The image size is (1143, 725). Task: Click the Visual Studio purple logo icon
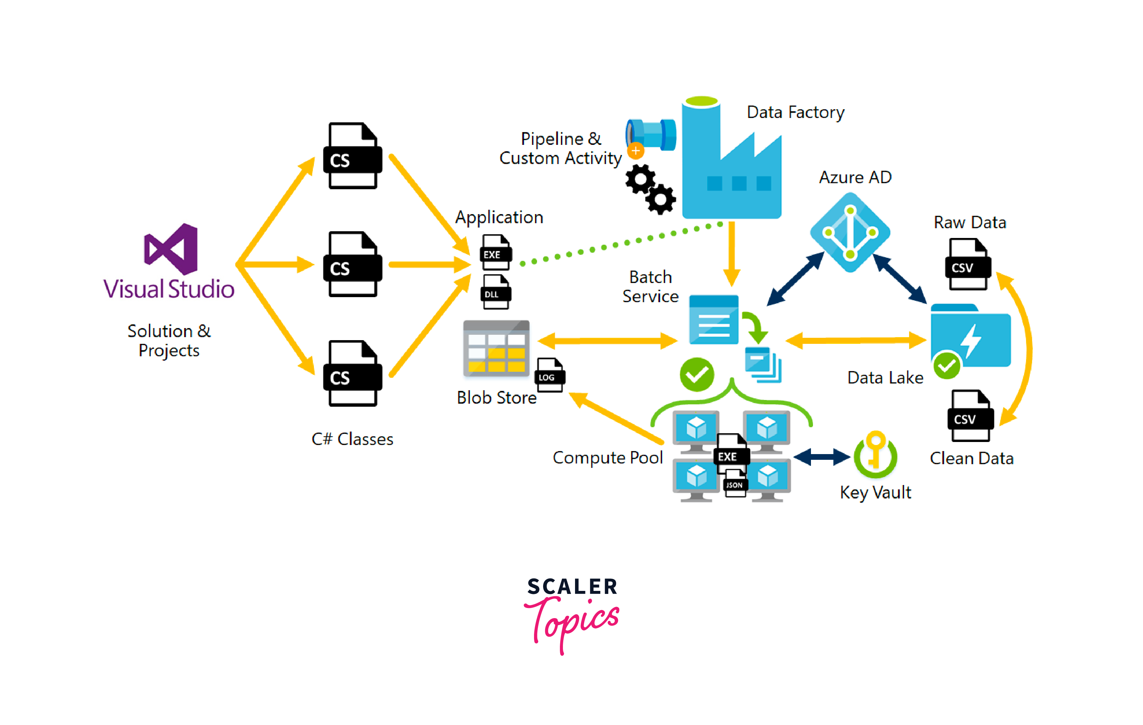coord(171,249)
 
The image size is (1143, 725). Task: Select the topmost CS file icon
coord(353,156)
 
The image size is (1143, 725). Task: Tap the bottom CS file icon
coord(353,374)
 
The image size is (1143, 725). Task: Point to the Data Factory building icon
coord(731,161)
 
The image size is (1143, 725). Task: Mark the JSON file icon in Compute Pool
coord(735,483)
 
